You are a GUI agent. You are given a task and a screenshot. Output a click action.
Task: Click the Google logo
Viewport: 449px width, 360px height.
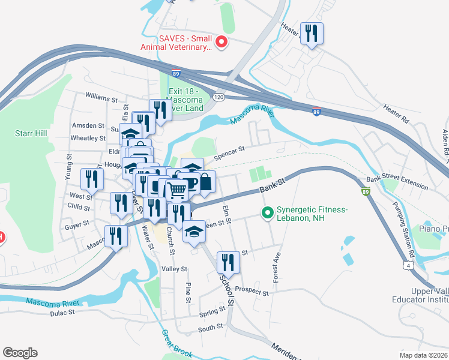[20, 353]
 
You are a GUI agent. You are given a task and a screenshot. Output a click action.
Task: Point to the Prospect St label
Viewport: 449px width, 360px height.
[252, 291]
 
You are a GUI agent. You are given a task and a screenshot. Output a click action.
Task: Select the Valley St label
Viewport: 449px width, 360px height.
[175, 269]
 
